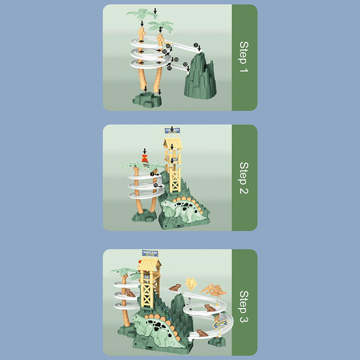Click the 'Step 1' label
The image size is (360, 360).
pos(243,58)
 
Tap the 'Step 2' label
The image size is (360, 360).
pos(243,178)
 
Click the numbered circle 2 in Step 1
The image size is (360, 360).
pos(196,45)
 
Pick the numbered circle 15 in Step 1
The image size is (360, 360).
pos(168,46)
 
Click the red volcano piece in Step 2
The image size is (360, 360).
pos(145,158)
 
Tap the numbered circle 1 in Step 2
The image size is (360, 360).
pos(153,174)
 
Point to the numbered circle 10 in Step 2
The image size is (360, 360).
pos(155,185)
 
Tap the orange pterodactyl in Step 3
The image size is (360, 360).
pos(211,289)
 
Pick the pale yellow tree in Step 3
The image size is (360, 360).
pos(191,283)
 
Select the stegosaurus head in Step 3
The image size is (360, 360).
pos(138,320)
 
